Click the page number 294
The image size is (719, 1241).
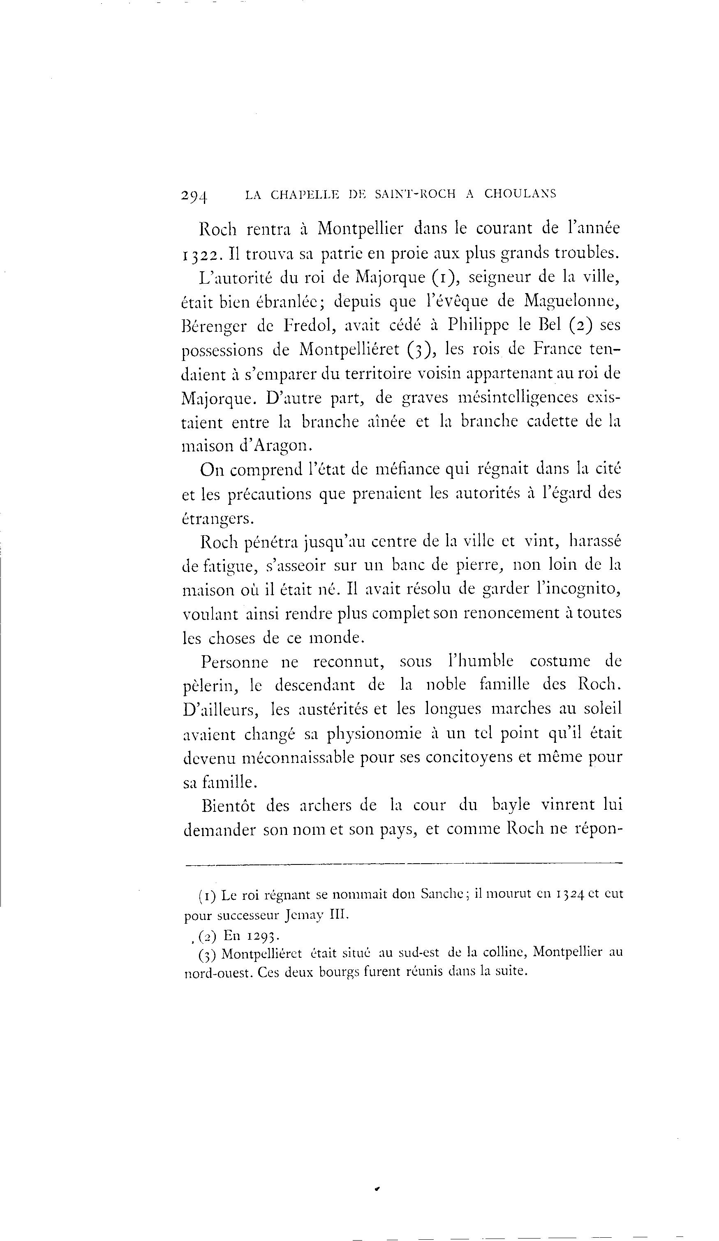point(194,196)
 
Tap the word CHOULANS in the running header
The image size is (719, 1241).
point(520,194)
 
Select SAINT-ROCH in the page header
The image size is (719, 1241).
point(415,194)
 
